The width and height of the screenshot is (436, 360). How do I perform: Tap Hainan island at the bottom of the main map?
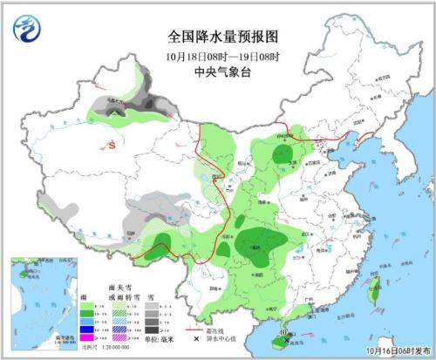pos(287,332)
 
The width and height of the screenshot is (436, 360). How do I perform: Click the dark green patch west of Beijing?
pos(283,155)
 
